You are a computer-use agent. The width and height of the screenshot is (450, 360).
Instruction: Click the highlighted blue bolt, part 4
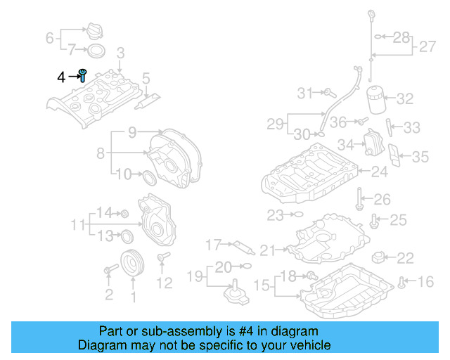pos(83,75)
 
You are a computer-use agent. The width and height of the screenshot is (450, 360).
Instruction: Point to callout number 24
pos(379,171)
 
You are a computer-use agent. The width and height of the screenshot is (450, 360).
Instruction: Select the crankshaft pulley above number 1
pos(131,264)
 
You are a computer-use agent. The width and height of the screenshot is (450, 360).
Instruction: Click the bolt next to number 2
pos(110,269)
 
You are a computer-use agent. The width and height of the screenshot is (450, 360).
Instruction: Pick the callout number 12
pos(163,283)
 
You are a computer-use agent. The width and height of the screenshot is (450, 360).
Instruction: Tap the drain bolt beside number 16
pos(401,283)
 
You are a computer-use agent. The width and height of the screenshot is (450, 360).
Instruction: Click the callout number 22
pos(406,258)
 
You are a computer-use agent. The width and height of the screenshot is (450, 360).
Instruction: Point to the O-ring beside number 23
pos(296,214)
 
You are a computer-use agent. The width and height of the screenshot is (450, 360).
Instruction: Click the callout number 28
pos(401,37)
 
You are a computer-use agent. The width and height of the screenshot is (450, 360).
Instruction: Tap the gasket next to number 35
pos(395,158)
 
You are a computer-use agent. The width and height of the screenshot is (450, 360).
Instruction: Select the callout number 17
pos(213,245)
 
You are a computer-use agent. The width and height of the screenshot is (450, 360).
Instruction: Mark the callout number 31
pos(304,93)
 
